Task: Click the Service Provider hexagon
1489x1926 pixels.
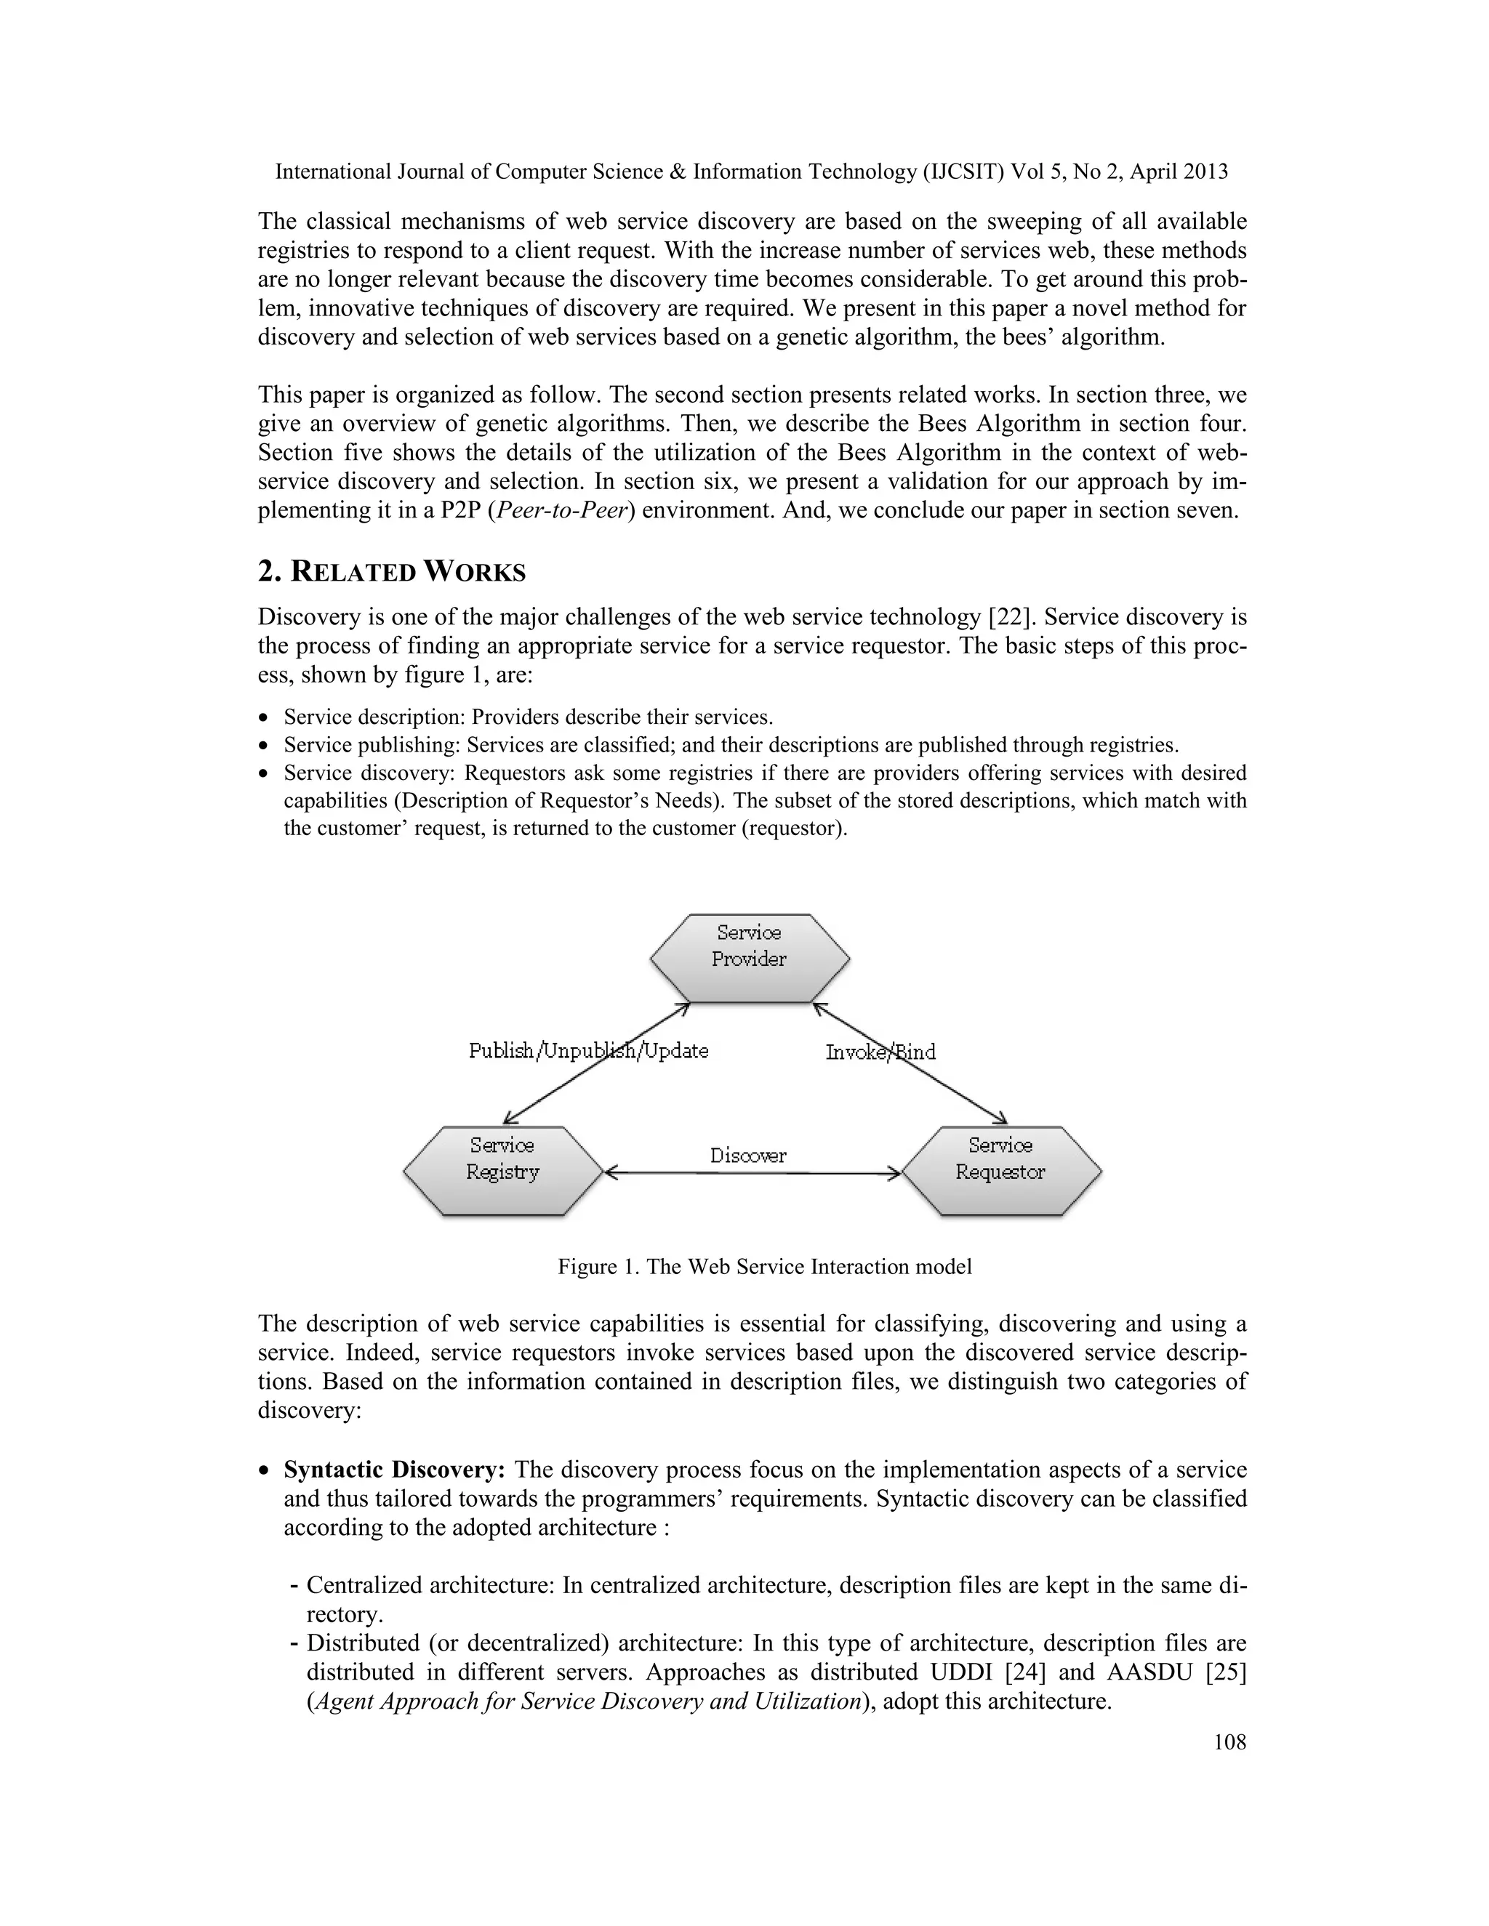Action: click(749, 958)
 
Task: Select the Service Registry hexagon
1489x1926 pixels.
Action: click(502, 1170)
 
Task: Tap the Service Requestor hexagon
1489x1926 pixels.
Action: click(1000, 1170)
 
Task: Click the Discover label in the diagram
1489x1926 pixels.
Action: click(748, 1156)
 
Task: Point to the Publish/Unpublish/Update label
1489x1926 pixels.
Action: click(588, 1050)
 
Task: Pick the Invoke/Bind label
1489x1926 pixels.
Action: click(880, 1051)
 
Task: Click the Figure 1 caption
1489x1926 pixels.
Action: click(765, 1266)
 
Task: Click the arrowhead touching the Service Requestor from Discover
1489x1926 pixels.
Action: click(894, 1173)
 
